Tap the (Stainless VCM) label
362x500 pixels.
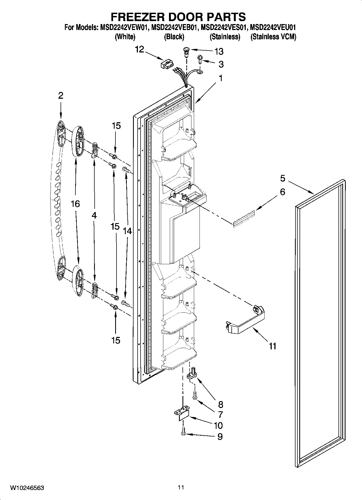pyautogui.click(x=273, y=37)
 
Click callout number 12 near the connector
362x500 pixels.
pyautogui.click(x=140, y=49)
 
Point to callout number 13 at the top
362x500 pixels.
pyautogui.click(x=219, y=51)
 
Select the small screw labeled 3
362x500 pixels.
pyautogui.click(x=200, y=58)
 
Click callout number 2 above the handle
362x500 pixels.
pyautogui.click(x=61, y=95)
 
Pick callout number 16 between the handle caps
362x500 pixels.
pyautogui.click(x=75, y=204)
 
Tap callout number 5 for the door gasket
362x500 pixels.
pyautogui.click(x=283, y=178)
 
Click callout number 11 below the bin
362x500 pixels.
pyautogui.click(x=273, y=346)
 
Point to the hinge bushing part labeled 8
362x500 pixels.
pyautogui.click(x=192, y=373)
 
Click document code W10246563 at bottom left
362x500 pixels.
pyautogui.click(x=27, y=488)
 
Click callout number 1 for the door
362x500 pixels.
pyautogui.click(x=221, y=78)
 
